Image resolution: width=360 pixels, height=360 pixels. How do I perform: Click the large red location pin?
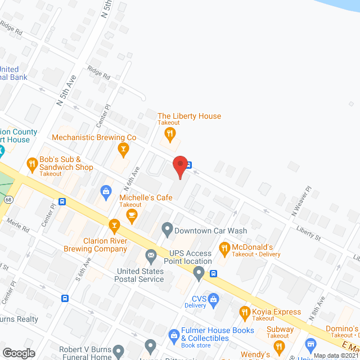click(180, 165)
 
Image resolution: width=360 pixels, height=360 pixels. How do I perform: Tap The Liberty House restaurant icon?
click(169, 134)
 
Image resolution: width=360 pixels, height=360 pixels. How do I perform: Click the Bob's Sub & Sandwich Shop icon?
click(32, 164)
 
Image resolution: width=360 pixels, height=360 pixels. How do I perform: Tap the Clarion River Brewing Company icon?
click(115, 227)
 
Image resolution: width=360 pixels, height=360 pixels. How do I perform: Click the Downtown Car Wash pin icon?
click(166, 229)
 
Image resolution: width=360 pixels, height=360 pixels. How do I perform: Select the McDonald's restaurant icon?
click(224, 247)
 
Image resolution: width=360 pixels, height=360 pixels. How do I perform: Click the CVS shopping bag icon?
click(213, 299)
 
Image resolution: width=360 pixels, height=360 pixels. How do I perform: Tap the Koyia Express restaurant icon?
click(245, 312)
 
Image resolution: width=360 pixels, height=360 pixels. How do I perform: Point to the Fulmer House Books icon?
click(174, 335)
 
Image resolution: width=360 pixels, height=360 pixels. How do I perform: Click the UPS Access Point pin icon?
click(199, 274)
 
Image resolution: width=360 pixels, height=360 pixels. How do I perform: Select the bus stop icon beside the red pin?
click(190, 165)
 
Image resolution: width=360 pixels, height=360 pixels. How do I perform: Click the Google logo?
click(19, 353)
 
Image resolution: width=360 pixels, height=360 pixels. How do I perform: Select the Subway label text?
click(280, 329)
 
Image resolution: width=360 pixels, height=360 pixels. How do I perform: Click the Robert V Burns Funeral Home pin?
click(118, 352)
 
